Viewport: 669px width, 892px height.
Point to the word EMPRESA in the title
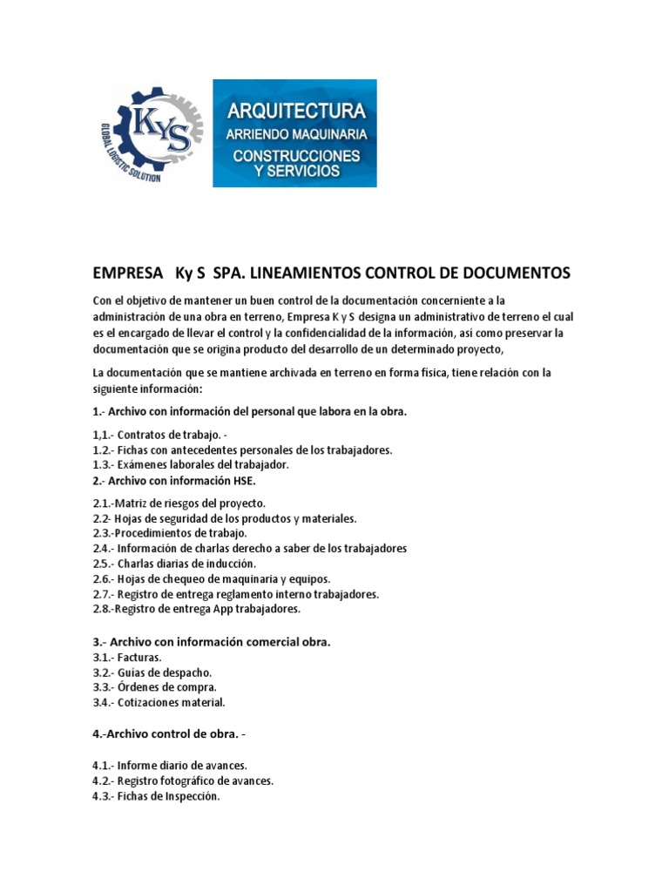tap(127, 274)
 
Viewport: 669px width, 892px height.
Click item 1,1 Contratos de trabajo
tap(161, 435)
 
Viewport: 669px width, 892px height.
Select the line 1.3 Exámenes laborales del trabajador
tap(190, 464)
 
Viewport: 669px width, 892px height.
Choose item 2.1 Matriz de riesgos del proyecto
tap(179, 503)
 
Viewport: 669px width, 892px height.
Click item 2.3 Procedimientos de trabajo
tap(170, 533)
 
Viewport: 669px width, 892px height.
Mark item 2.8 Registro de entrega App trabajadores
tap(196, 609)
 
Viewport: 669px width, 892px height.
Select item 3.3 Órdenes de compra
tap(154, 687)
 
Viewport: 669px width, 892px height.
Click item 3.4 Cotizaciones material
tap(159, 702)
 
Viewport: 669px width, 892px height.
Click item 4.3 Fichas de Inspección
tap(156, 796)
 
